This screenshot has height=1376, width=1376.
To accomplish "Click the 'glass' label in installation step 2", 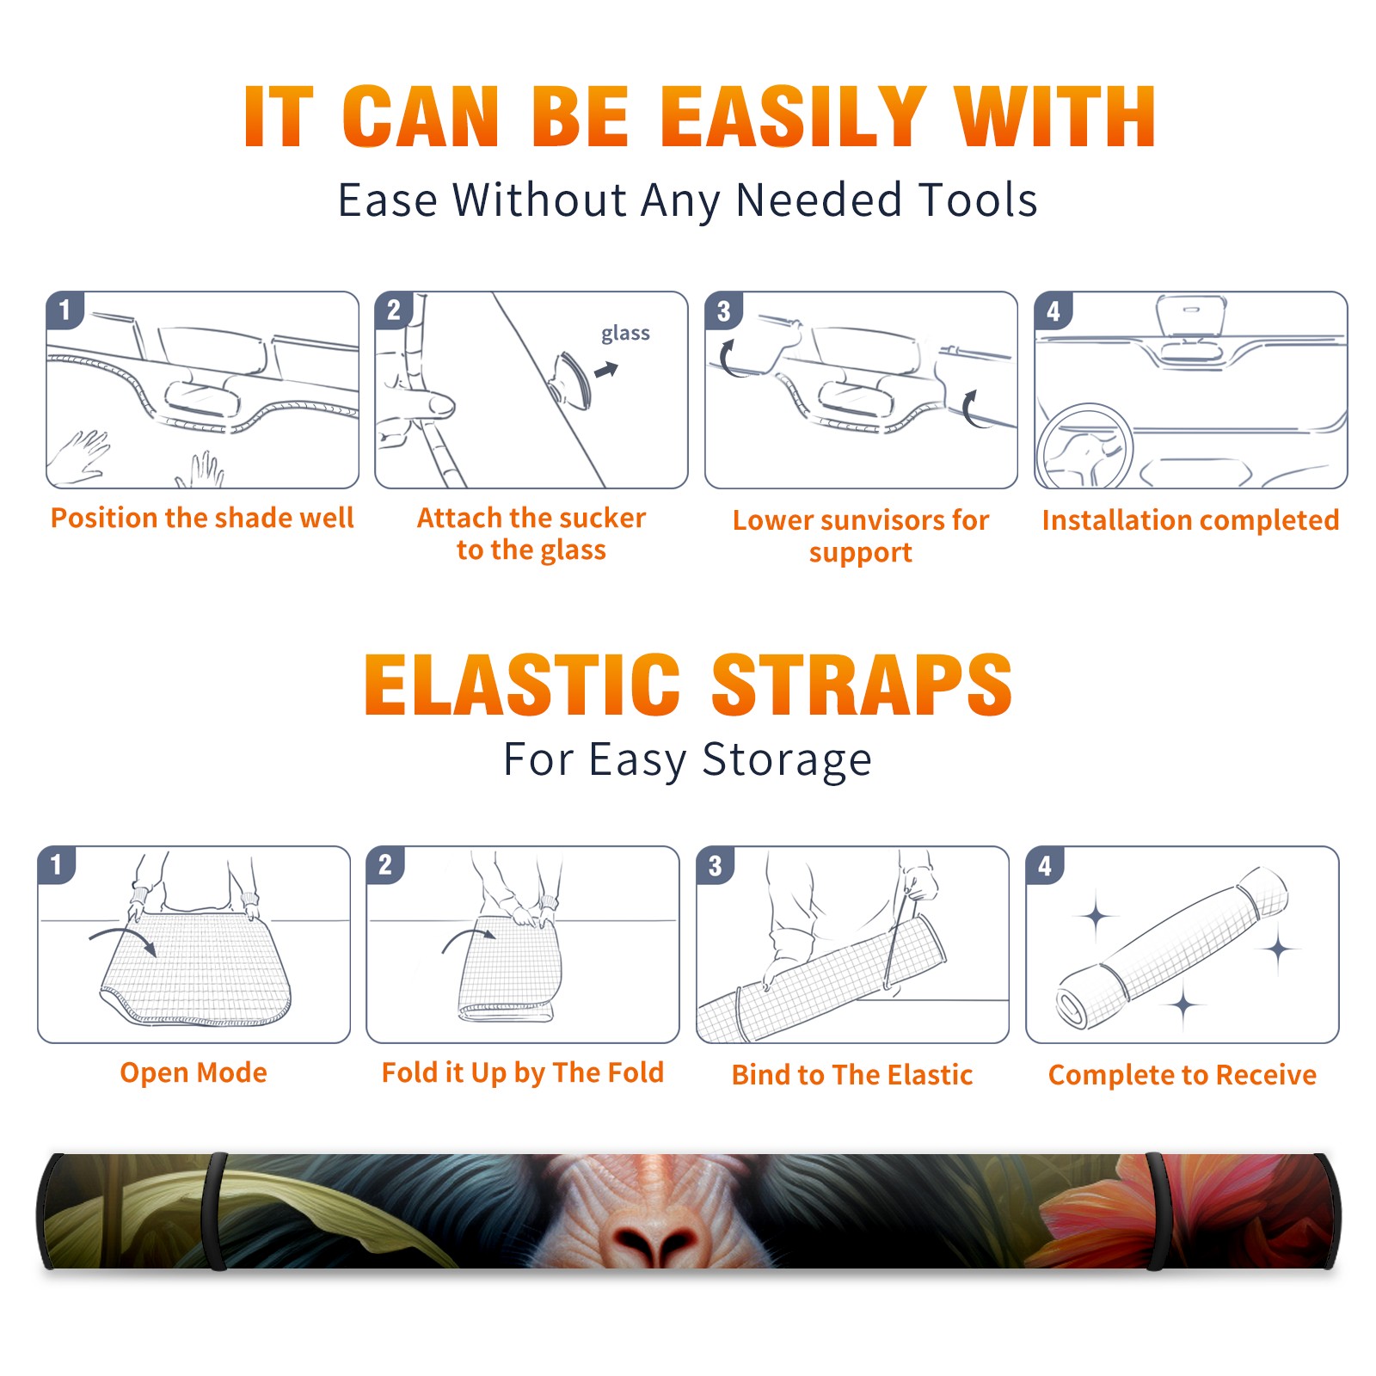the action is point(625,334).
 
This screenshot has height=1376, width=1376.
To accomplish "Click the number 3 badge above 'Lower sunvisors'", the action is point(723,310).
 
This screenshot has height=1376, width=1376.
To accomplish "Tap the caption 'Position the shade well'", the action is point(202,518).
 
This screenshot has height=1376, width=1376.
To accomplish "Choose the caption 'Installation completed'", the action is point(1190,520).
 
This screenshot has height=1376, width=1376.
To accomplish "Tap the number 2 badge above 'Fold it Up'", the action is point(385,864).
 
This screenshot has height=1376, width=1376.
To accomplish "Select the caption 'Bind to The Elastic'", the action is point(851,1074).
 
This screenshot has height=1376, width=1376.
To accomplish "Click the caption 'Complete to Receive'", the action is point(1182,1074).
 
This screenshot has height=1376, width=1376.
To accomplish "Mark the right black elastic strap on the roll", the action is point(1155,1211).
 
